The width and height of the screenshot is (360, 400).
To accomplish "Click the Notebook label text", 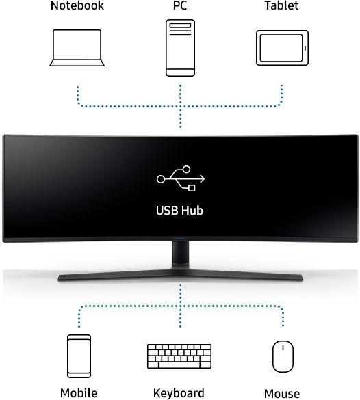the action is [77, 5].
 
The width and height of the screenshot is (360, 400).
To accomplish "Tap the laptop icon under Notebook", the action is [77, 48].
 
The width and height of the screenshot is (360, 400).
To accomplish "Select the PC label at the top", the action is [180, 5].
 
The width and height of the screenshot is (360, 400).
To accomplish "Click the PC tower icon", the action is [180, 48].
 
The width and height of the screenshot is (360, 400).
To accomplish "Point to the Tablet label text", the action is [281, 5].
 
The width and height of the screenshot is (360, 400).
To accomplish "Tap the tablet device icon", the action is [282, 48].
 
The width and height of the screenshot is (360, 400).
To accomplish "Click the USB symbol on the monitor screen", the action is [181, 178].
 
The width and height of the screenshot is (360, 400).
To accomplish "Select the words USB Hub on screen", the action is [180, 211].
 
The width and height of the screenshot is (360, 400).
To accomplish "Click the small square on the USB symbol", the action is [192, 188].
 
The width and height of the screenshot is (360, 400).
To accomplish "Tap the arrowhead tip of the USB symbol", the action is [205, 179].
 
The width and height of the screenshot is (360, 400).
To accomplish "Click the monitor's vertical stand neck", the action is [180, 254].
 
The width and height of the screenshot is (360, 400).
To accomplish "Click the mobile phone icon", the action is [79, 356].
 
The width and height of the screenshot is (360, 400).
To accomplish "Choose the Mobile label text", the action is [79, 393].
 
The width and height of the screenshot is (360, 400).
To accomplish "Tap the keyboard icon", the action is [179, 356].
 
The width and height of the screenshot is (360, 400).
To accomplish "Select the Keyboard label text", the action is [179, 393].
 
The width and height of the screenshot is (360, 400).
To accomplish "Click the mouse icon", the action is [283, 356].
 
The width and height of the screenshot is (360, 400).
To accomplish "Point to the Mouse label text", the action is [282, 394].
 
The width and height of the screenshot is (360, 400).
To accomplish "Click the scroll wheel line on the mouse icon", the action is [283, 348].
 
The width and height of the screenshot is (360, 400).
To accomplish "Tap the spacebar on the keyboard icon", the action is [179, 365].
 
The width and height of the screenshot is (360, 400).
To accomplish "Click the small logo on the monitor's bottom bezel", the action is [180, 239].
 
